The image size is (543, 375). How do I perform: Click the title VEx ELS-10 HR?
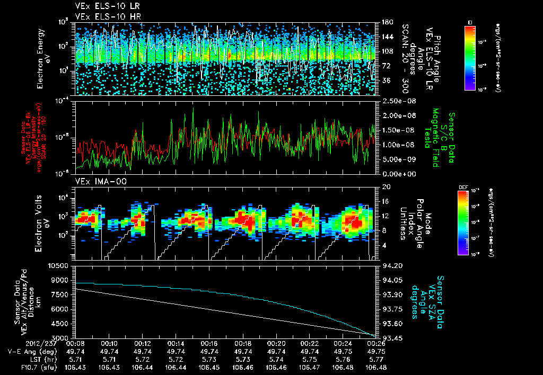pyautogui.click(x=101, y=16)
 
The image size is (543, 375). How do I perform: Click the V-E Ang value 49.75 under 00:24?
pyautogui.click(x=343, y=351)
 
